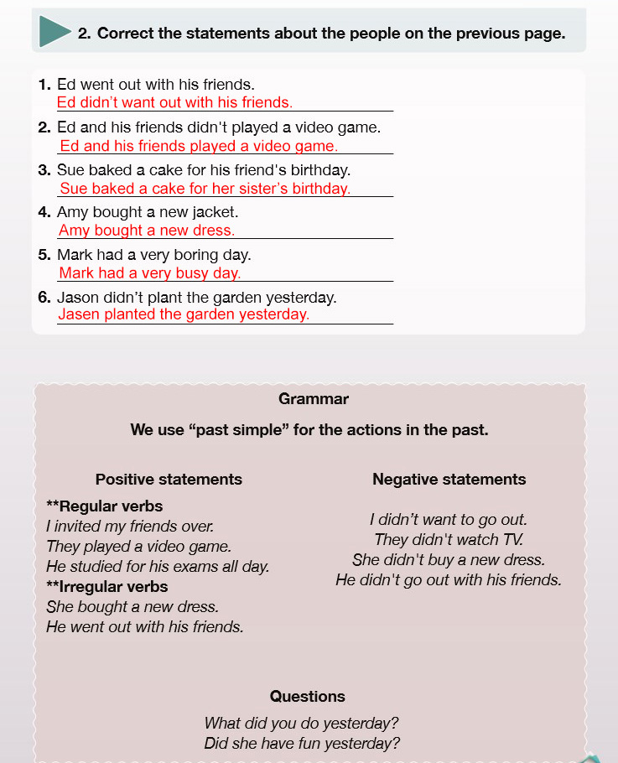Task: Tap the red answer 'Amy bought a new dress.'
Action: [147, 231]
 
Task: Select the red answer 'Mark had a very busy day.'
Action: [149, 273]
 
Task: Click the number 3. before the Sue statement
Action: [45, 170]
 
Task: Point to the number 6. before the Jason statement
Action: [45, 298]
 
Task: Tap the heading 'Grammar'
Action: [314, 399]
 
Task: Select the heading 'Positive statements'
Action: [169, 480]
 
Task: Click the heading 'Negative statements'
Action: [449, 480]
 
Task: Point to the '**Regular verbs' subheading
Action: [105, 506]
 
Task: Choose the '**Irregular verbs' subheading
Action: [107, 587]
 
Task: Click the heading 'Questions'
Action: [307, 696]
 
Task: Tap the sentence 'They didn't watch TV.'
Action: [449, 540]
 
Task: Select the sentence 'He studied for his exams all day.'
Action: [158, 567]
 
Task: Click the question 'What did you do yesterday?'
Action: [301, 723]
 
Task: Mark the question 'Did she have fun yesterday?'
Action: [302, 743]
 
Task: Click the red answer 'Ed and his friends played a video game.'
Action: [199, 146]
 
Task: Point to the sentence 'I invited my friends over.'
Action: [130, 527]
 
